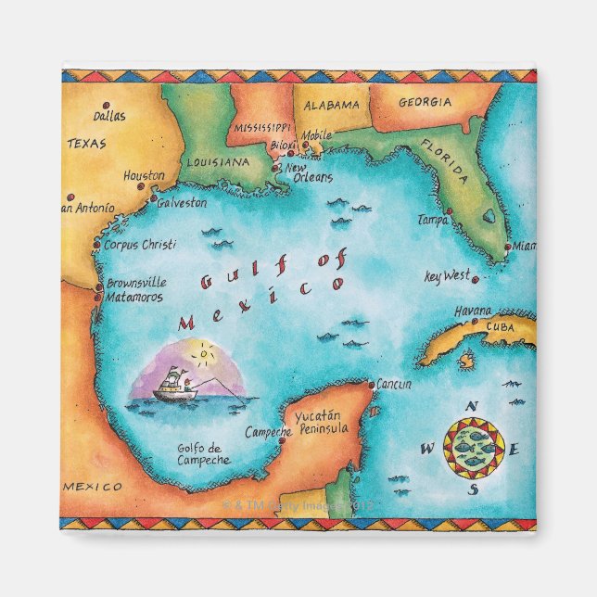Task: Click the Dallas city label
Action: pyautogui.click(x=109, y=117)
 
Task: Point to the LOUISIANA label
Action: pyautogui.click(x=218, y=161)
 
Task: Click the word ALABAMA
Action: pyautogui.click(x=331, y=105)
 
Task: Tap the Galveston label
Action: pyautogui.click(x=182, y=203)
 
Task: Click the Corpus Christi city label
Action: pyautogui.click(x=139, y=246)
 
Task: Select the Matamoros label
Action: pyautogui.click(x=134, y=298)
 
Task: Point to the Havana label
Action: pyautogui.click(x=473, y=312)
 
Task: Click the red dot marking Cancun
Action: pyautogui.click(x=372, y=384)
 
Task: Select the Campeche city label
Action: pyautogui.click(x=269, y=432)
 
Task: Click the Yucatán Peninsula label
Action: pyautogui.click(x=321, y=424)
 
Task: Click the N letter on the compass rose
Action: pyautogui.click(x=471, y=406)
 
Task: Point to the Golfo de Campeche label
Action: pyautogui.click(x=203, y=454)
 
